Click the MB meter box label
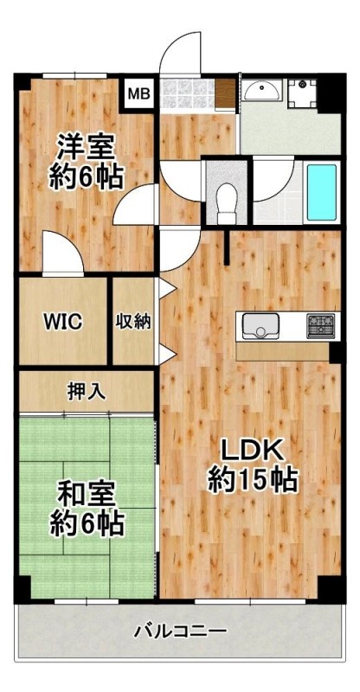point(138,93)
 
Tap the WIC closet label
point(62,321)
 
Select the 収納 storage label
point(133,321)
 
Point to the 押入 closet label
point(87,392)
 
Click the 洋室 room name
point(87,148)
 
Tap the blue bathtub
point(322,192)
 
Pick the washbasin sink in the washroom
point(261,91)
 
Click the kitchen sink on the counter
point(260,325)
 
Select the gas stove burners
point(321,326)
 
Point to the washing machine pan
point(303,94)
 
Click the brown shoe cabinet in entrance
point(225,94)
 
